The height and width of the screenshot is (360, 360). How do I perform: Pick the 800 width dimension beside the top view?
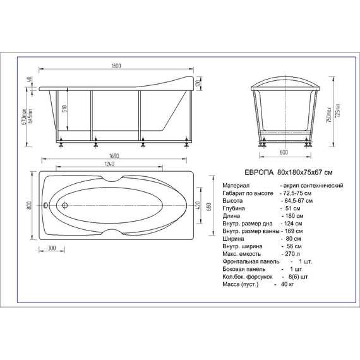(29, 205)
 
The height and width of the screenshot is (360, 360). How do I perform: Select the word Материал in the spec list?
(237, 185)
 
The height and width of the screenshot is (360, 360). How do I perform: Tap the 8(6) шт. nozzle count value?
(296, 277)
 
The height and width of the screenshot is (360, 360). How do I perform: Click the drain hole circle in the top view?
(64, 205)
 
